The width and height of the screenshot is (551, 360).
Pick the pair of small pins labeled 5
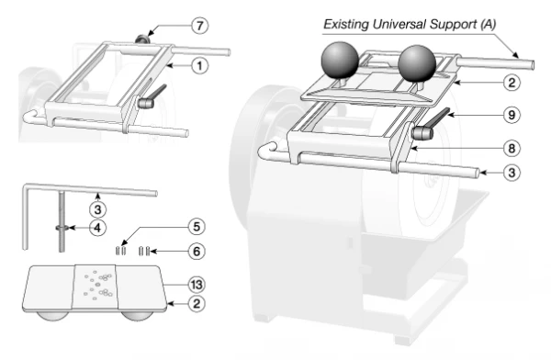click(122, 248)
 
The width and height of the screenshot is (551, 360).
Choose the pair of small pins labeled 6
click(142, 248)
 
